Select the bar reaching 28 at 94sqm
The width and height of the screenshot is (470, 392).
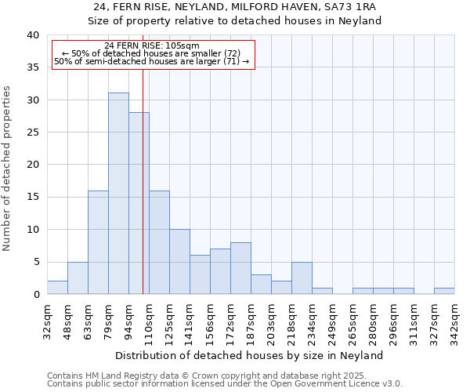[139, 203]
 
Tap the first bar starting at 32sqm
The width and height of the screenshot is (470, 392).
[57, 287]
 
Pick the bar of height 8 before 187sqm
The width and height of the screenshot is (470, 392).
[240, 268]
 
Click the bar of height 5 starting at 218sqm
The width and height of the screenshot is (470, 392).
[302, 278]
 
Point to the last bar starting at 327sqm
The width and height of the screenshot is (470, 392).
[444, 291]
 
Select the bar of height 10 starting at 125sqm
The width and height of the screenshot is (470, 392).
[179, 262]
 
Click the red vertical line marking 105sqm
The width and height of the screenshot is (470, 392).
[143, 180]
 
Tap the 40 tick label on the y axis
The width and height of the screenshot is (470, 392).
[32, 35]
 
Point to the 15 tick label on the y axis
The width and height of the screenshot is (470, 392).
[32, 197]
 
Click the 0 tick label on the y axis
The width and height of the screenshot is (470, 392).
[35, 294]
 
